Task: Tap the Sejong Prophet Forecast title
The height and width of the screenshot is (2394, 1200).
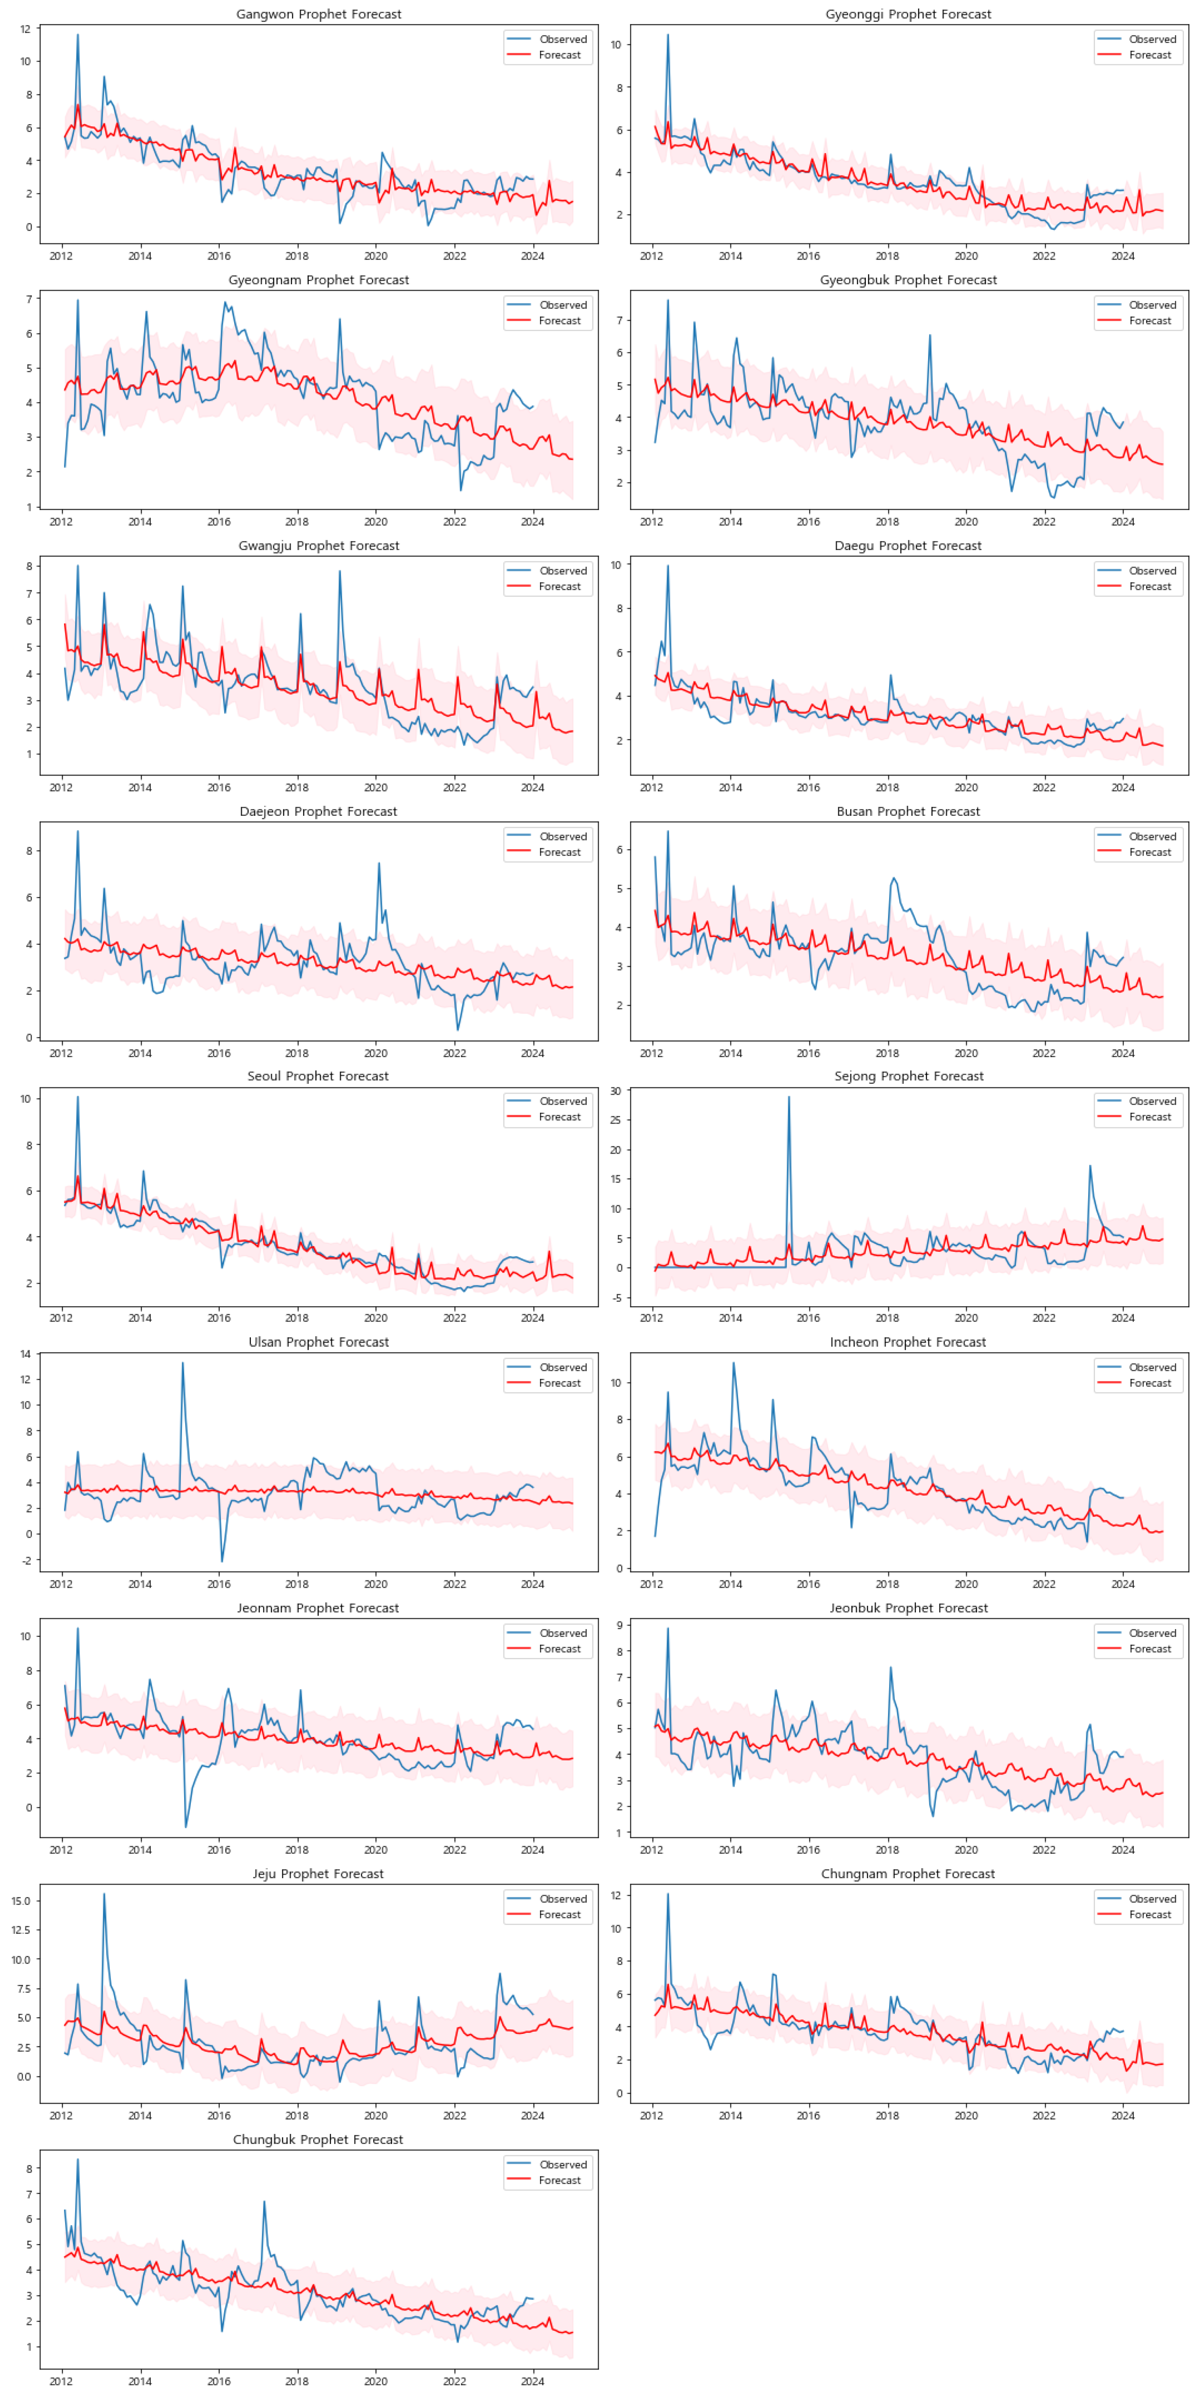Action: tap(908, 1076)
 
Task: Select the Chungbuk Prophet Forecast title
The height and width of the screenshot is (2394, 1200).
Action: tap(318, 2139)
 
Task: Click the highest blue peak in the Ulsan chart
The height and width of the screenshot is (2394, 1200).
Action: tap(182, 1363)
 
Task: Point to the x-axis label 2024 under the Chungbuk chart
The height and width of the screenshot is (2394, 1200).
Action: tap(532, 2381)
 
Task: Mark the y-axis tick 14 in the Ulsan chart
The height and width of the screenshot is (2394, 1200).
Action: tap(26, 1354)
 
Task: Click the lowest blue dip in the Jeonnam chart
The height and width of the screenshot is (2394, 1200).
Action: tap(186, 1827)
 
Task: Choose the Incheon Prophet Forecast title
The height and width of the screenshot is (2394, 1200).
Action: tap(908, 1342)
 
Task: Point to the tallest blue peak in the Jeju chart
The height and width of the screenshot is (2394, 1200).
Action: tap(104, 1894)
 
